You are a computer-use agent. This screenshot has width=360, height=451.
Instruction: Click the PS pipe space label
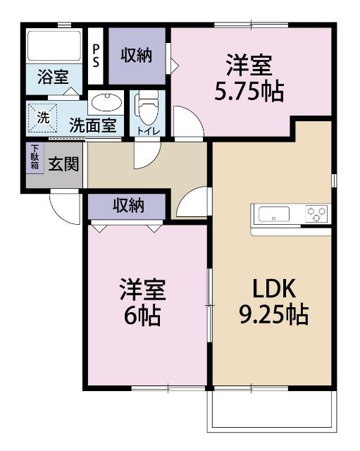click(x=97, y=56)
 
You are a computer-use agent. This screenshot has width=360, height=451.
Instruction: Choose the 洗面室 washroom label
click(x=92, y=126)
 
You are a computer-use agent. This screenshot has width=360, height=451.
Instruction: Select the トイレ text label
click(x=148, y=130)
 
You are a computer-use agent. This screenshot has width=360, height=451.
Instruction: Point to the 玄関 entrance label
click(x=63, y=163)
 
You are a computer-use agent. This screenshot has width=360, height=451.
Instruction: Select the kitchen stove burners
click(x=316, y=212)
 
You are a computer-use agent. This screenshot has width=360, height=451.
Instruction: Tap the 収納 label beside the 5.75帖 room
click(x=136, y=56)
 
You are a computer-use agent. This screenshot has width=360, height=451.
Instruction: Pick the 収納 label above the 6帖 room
click(x=129, y=206)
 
